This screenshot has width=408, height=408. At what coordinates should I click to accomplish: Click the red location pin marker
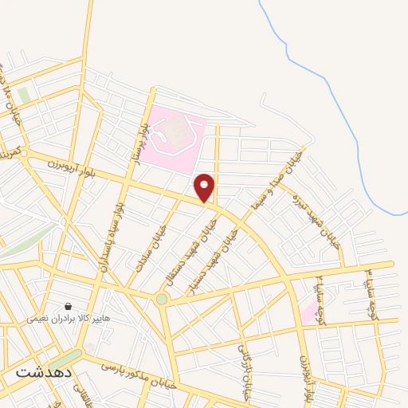point(205,187)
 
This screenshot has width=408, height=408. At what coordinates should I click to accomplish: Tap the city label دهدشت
point(44,371)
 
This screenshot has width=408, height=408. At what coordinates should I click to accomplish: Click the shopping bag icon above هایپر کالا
point(69,306)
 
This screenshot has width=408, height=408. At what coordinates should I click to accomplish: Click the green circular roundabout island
point(162,299)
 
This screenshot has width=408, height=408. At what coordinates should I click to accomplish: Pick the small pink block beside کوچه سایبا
point(308,311)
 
